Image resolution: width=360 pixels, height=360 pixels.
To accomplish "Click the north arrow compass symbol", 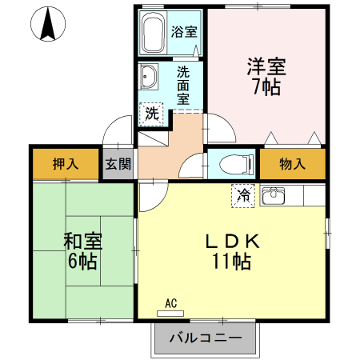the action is pos(48,24).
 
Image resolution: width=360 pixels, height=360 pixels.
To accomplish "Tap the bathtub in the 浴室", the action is pos(152,33).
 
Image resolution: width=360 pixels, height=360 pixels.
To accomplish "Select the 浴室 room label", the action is pos(184,32).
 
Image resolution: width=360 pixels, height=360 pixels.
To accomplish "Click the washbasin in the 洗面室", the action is pos(148,77).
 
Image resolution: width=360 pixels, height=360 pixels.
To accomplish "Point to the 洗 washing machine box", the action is pos(151,114).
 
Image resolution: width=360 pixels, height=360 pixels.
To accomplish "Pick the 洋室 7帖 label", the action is pos(266,77).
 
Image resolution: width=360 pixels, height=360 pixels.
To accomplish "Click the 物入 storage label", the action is pos(292,164).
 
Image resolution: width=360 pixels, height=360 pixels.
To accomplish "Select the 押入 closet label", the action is pos(66,163).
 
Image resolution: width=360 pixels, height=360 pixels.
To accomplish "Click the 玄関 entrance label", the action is pos(118,164).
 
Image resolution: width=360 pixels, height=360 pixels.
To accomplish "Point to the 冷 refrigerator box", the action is pos(243,196).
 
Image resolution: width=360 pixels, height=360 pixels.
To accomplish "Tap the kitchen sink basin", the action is pos(274,195).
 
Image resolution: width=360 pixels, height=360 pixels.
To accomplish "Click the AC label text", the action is pos(171,303).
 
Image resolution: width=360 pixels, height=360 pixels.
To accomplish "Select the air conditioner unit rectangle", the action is pos(170,314).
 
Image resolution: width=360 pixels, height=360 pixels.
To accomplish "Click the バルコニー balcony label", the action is pos(206,338).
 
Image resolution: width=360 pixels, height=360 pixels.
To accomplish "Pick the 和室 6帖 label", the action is pos(82,251).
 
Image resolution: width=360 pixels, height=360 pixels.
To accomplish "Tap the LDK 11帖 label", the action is pos(232,251).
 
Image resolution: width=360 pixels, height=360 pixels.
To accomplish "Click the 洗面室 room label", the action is pos(183,86).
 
